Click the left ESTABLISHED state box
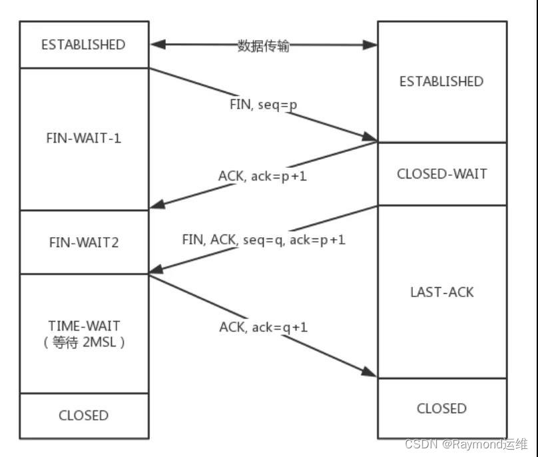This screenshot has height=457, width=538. tap(83, 45)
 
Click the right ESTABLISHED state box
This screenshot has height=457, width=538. tap(441, 81)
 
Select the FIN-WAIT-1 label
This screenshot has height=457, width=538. tap(83, 139)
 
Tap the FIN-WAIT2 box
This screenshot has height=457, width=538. tap(83, 242)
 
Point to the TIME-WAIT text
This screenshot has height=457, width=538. tap(83, 326)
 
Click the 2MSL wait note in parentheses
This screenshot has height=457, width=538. tap(83, 343)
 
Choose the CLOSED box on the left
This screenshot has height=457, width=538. tap(83, 415)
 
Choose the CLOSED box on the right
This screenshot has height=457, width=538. tap(441, 408)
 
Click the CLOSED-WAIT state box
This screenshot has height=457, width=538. tap(441, 174)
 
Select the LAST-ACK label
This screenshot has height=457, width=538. tap(441, 292)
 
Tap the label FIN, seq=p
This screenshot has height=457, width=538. tap(263, 105)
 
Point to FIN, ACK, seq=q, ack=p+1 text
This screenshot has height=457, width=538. tap(264, 240)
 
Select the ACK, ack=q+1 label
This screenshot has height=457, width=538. tap(264, 326)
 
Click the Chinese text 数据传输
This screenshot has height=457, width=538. tap(264, 46)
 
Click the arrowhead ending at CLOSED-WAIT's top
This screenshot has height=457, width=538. tap(370, 138)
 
